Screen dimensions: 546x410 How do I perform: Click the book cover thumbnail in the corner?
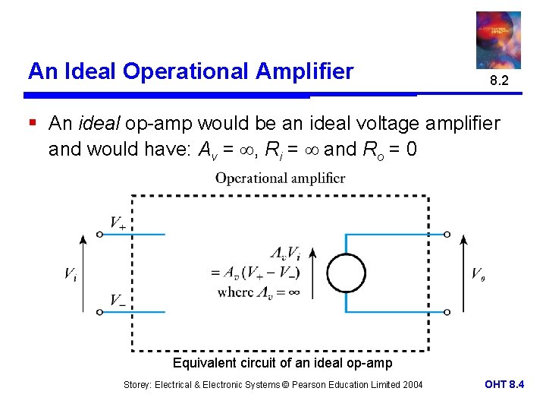point(498,39)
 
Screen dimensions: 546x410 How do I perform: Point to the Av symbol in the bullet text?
point(206,150)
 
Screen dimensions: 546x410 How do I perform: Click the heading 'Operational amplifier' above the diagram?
point(280,178)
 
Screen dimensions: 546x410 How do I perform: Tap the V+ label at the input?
point(118,222)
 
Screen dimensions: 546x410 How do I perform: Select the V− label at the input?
point(118,300)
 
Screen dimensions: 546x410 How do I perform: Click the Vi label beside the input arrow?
point(70,274)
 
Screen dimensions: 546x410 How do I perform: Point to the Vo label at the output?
point(479,274)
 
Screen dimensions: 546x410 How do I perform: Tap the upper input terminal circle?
point(99,235)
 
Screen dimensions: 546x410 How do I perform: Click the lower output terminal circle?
point(447,312)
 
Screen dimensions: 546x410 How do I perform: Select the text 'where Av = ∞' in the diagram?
point(258,292)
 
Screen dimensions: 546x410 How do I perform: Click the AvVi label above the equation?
point(284,253)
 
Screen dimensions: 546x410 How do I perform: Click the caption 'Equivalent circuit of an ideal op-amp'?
point(283,363)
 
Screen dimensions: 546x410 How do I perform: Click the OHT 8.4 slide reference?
point(504,385)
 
